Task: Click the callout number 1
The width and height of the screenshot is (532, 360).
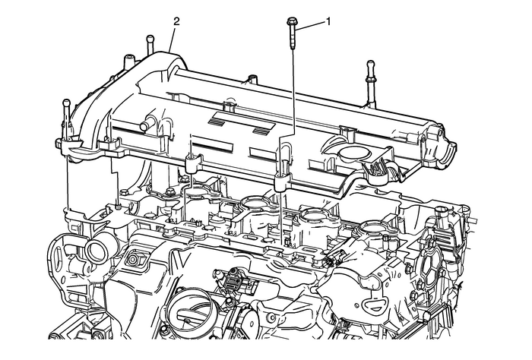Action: [328, 22]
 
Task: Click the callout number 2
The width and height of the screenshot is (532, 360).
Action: [176, 21]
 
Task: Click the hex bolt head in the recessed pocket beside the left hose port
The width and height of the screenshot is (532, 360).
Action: [138, 261]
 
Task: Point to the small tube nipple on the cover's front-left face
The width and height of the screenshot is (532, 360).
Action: [149, 122]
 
